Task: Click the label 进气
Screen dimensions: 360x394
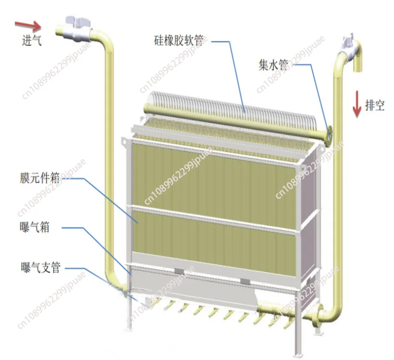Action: tap(32, 41)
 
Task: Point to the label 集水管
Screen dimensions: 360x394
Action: tap(273, 66)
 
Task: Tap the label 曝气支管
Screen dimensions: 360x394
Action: tap(40, 268)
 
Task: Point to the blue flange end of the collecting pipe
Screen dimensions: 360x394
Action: tap(330, 133)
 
